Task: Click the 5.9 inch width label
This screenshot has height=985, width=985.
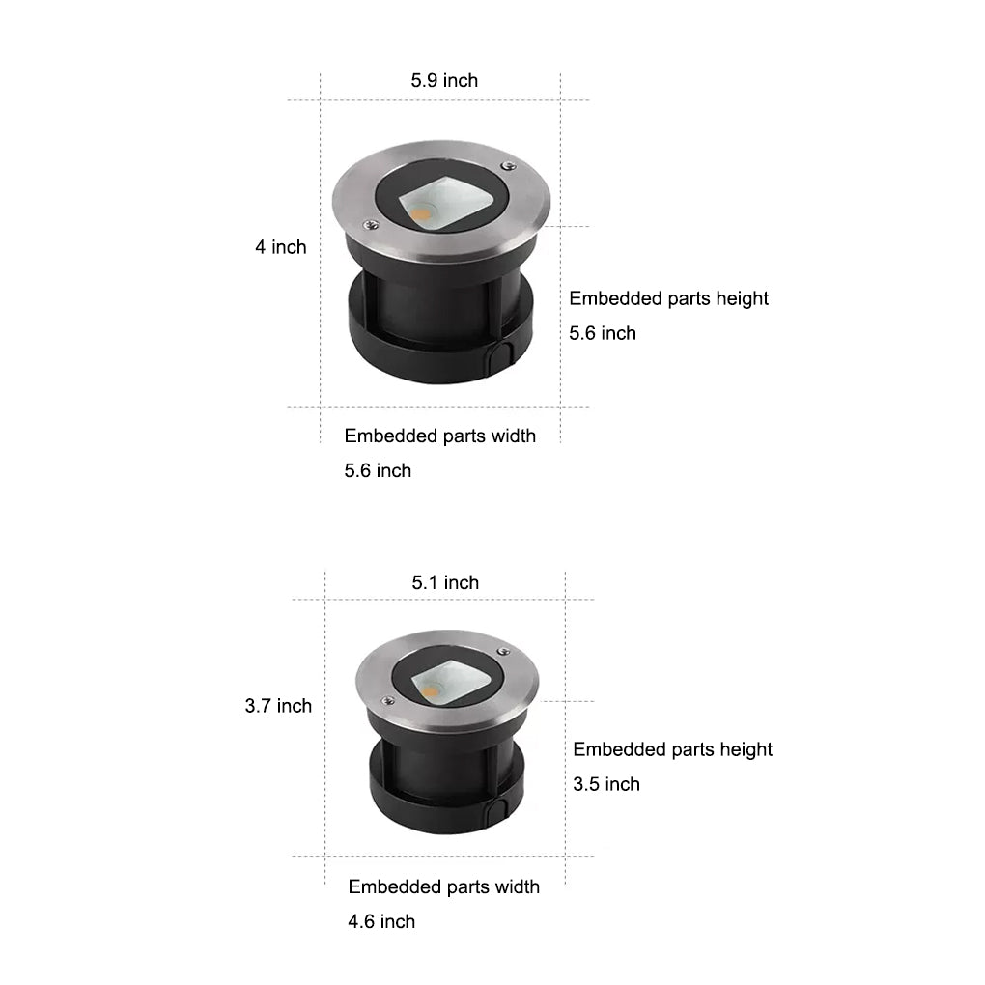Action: click(x=444, y=80)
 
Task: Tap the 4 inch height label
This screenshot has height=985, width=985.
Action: click(x=280, y=247)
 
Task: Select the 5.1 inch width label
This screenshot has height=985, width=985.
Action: click(x=445, y=582)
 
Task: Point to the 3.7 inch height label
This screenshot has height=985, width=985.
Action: click(x=278, y=706)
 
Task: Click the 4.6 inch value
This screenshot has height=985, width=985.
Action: click(x=381, y=921)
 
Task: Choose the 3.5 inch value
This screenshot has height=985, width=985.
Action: click(x=606, y=784)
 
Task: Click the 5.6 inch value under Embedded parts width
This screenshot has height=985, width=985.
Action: click(x=378, y=470)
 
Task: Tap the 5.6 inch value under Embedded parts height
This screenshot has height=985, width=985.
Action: click(x=603, y=333)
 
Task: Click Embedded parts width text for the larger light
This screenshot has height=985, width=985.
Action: click(x=439, y=436)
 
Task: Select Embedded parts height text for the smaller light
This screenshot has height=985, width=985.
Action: click(x=672, y=749)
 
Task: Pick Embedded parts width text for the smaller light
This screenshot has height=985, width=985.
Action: click(x=443, y=886)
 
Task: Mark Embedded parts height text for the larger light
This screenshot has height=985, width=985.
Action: click(x=668, y=298)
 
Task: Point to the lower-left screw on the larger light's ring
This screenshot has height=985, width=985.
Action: click(x=369, y=224)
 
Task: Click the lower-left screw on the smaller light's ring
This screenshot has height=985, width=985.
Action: click(x=388, y=701)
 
